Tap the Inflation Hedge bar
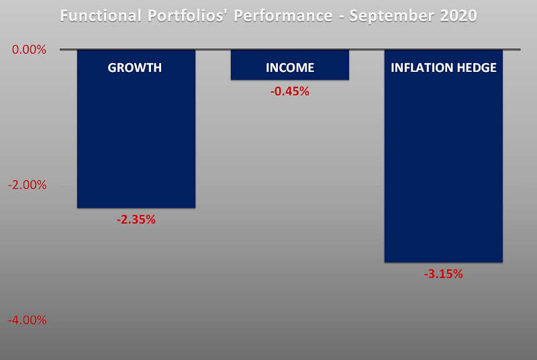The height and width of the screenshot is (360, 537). coord(444,168)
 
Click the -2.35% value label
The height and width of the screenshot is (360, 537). coord(136,219)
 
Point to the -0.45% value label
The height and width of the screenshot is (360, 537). coord(289,91)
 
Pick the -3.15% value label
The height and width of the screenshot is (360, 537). coord(444,273)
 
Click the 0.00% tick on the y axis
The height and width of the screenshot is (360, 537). coord(28,50)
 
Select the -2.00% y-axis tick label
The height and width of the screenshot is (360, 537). coord(27,185)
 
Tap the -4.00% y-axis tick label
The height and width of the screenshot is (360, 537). coord(27,320)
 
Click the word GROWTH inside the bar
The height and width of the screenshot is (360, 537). coord(136,68)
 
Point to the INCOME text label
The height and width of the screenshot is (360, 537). coord(290,68)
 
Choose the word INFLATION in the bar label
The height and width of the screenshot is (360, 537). coord(421,68)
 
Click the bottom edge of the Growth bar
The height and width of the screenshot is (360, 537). coord(136,208)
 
